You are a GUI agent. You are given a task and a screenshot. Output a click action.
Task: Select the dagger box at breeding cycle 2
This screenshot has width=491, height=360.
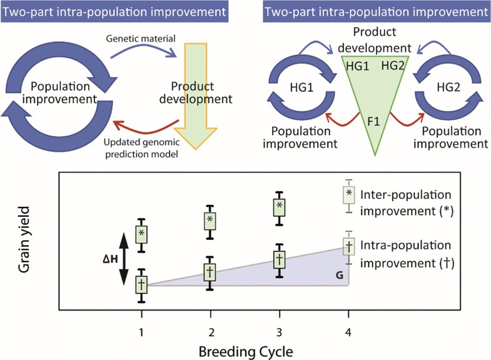211,272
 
